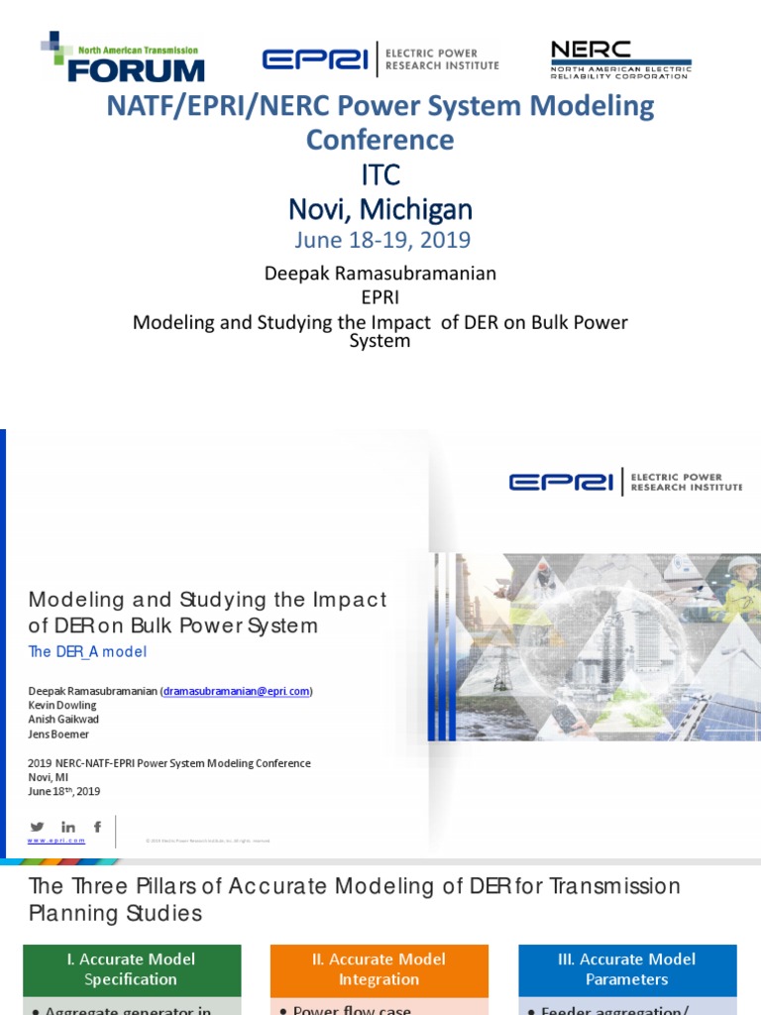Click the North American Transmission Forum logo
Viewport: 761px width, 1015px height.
point(123,57)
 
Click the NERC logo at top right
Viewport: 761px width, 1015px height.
point(620,58)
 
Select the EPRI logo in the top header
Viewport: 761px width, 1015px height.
point(380,59)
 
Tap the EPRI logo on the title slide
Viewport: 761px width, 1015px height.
point(625,483)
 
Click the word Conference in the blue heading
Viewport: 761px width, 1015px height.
point(380,140)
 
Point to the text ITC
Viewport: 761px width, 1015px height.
point(380,175)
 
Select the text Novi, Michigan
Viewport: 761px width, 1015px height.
point(380,209)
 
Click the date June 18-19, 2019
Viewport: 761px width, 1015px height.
point(380,240)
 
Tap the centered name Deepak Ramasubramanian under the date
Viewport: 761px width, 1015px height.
point(380,273)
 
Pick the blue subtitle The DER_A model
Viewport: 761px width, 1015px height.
point(87,651)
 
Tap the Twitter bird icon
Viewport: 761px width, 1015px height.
point(38,827)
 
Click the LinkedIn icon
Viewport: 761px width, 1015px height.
point(68,827)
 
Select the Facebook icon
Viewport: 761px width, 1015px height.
point(97,827)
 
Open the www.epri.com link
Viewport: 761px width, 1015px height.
point(56,841)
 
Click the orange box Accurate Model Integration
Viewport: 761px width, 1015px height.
point(380,969)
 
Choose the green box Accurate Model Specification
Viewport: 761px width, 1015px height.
point(131,969)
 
